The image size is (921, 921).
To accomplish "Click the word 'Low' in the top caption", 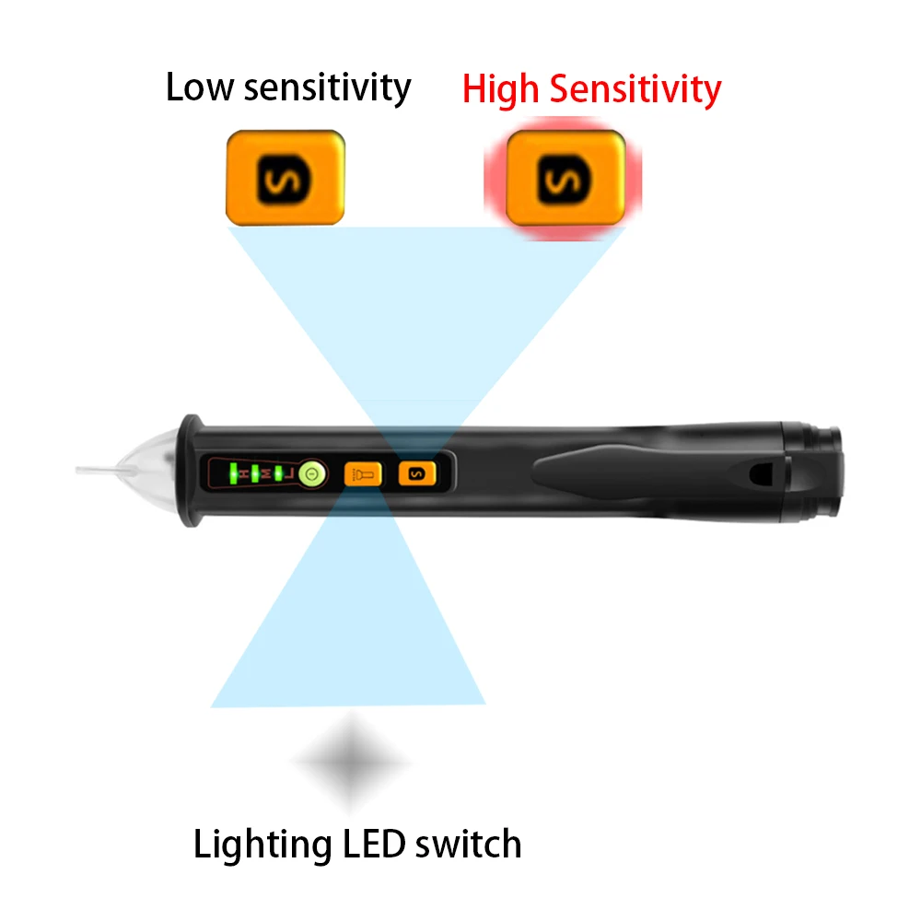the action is (x=198, y=87).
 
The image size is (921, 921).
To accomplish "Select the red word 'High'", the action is (x=501, y=89).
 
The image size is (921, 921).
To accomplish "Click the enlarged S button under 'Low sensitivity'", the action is (x=286, y=177).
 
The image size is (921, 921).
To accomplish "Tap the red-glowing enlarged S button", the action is (x=565, y=177).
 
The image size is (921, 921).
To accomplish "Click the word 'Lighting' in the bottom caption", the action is (x=262, y=845).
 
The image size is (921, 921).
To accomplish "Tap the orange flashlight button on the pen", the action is (x=362, y=475).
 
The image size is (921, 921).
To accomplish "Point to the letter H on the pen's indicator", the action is (x=244, y=474).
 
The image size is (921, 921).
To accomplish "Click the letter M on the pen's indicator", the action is (x=265, y=474).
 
